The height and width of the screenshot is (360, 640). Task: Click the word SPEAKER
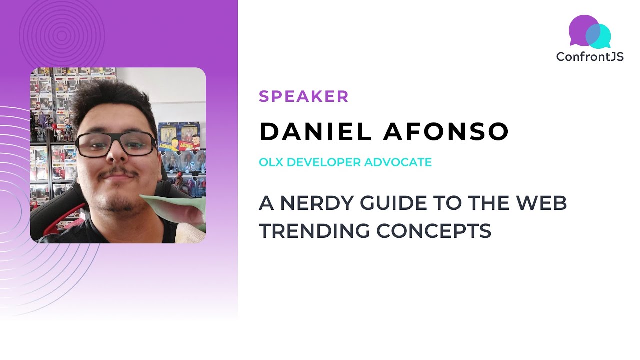(x=303, y=96)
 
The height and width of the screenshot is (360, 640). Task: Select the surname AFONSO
(x=446, y=131)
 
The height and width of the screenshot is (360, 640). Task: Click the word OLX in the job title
(x=270, y=162)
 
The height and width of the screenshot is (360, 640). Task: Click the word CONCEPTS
(x=433, y=231)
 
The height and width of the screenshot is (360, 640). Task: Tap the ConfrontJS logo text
(x=590, y=57)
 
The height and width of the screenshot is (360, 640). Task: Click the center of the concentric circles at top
(x=62, y=35)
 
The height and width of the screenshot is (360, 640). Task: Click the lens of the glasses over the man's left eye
(x=138, y=144)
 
